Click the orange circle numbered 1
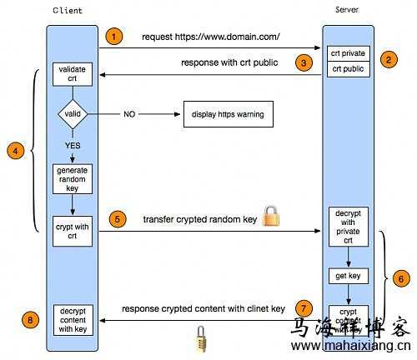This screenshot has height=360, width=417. point(115,37)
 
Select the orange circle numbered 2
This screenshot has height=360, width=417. point(388,60)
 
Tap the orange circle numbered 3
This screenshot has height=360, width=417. point(305,62)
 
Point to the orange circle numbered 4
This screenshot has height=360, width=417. point(14,151)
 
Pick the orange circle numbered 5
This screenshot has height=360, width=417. point(118,220)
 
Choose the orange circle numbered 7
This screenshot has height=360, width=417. point(306,307)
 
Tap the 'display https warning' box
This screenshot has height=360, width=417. point(228,113)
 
